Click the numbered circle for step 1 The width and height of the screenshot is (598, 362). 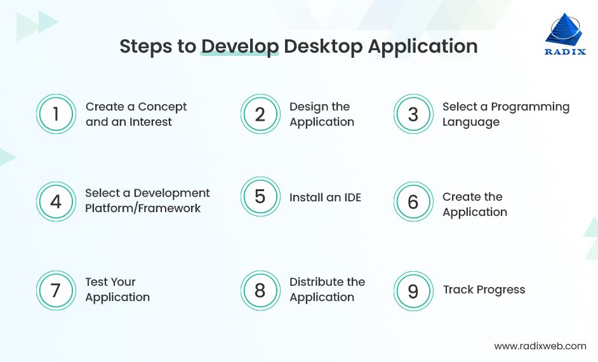[x=56, y=114]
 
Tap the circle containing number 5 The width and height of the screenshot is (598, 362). [x=260, y=196]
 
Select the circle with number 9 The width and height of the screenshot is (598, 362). [x=413, y=291]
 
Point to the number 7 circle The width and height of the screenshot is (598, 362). [x=56, y=290]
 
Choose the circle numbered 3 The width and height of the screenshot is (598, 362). [x=413, y=114]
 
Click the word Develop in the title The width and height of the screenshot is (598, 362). [x=240, y=47]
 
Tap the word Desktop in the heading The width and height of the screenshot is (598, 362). [x=323, y=47]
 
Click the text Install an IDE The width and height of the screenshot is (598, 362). [x=325, y=198]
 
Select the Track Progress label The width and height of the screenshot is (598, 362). [x=484, y=290]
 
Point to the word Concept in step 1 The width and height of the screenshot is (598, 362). [x=163, y=107]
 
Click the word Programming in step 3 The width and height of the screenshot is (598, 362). [x=530, y=107]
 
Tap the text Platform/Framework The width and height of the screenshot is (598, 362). [x=143, y=208]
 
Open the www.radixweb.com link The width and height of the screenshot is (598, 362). [x=540, y=346]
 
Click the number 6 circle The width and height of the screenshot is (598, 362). [x=413, y=202]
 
